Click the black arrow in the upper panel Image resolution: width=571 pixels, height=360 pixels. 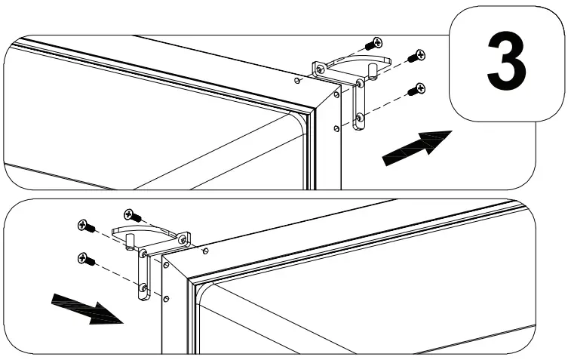(x=417, y=146)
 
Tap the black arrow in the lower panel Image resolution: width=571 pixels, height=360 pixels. (x=85, y=308)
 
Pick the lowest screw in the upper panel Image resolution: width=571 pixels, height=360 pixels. (x=415, y=90)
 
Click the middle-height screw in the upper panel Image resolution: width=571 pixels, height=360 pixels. (x=416, y=56)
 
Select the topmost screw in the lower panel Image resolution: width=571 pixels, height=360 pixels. (x=132, y=216)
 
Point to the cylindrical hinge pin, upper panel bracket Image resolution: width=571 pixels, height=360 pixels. (x=372, y=70)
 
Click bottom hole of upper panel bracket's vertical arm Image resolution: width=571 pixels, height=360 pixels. (x=359, y=118)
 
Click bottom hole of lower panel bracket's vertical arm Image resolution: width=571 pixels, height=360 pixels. (x=143, y=288)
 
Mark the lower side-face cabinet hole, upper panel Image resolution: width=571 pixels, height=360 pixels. (x=336, y=128)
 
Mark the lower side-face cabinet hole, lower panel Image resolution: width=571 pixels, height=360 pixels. (x=166, y=297)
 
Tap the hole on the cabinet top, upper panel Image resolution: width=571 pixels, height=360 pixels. (x=299, y=79)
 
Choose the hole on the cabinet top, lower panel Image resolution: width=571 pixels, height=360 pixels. (x=205, y=251)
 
